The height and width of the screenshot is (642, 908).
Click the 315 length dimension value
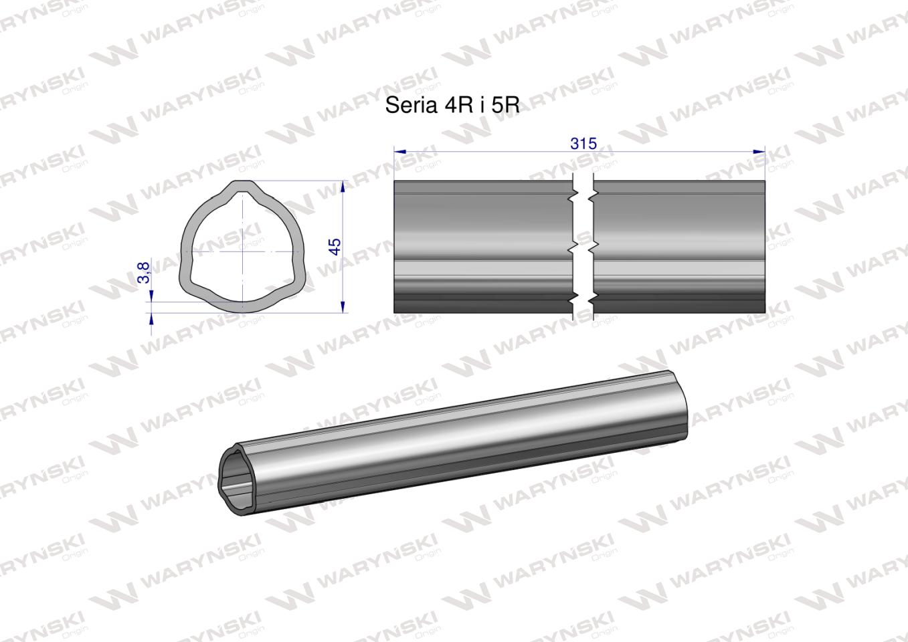pos(583,143)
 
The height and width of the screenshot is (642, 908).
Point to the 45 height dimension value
pos(335,246)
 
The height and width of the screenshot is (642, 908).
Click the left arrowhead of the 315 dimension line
pos(399,152)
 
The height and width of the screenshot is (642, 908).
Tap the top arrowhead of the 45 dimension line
pos(343,185)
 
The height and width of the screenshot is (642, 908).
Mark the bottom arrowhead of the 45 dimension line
pos(343,307)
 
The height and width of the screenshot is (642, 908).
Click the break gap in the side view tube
pos(583,246)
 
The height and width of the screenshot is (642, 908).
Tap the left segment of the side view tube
pos(482,246)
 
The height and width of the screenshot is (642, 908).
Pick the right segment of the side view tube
pos(679,246)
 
